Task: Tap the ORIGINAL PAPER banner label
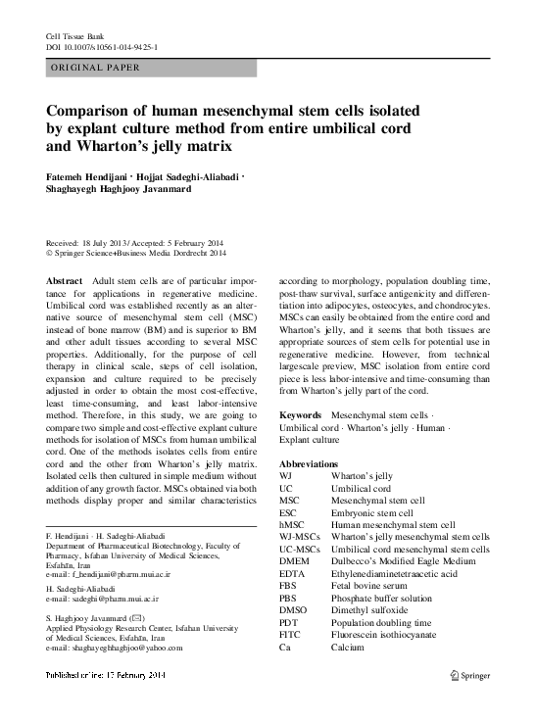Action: pos(94,69)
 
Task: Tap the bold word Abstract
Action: pos(65,280)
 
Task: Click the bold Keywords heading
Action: pos(300,416)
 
